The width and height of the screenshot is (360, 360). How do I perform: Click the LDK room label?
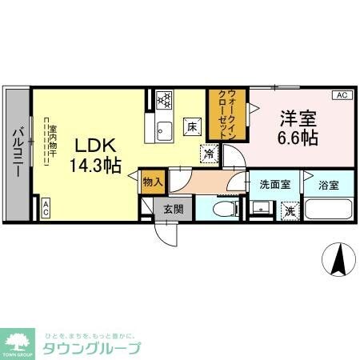[97, 146]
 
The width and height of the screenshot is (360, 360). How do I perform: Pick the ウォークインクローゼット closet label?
[224, 117]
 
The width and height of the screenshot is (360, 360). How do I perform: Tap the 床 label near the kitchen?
[192, 126]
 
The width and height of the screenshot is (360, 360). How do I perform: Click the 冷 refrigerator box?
[209, 154]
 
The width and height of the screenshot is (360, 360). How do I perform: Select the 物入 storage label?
[152, 182]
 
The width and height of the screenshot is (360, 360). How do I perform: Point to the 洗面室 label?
[274, 184]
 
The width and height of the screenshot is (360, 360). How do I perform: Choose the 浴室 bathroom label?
[328, 184]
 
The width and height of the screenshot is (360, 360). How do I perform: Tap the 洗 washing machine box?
[290, 212]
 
